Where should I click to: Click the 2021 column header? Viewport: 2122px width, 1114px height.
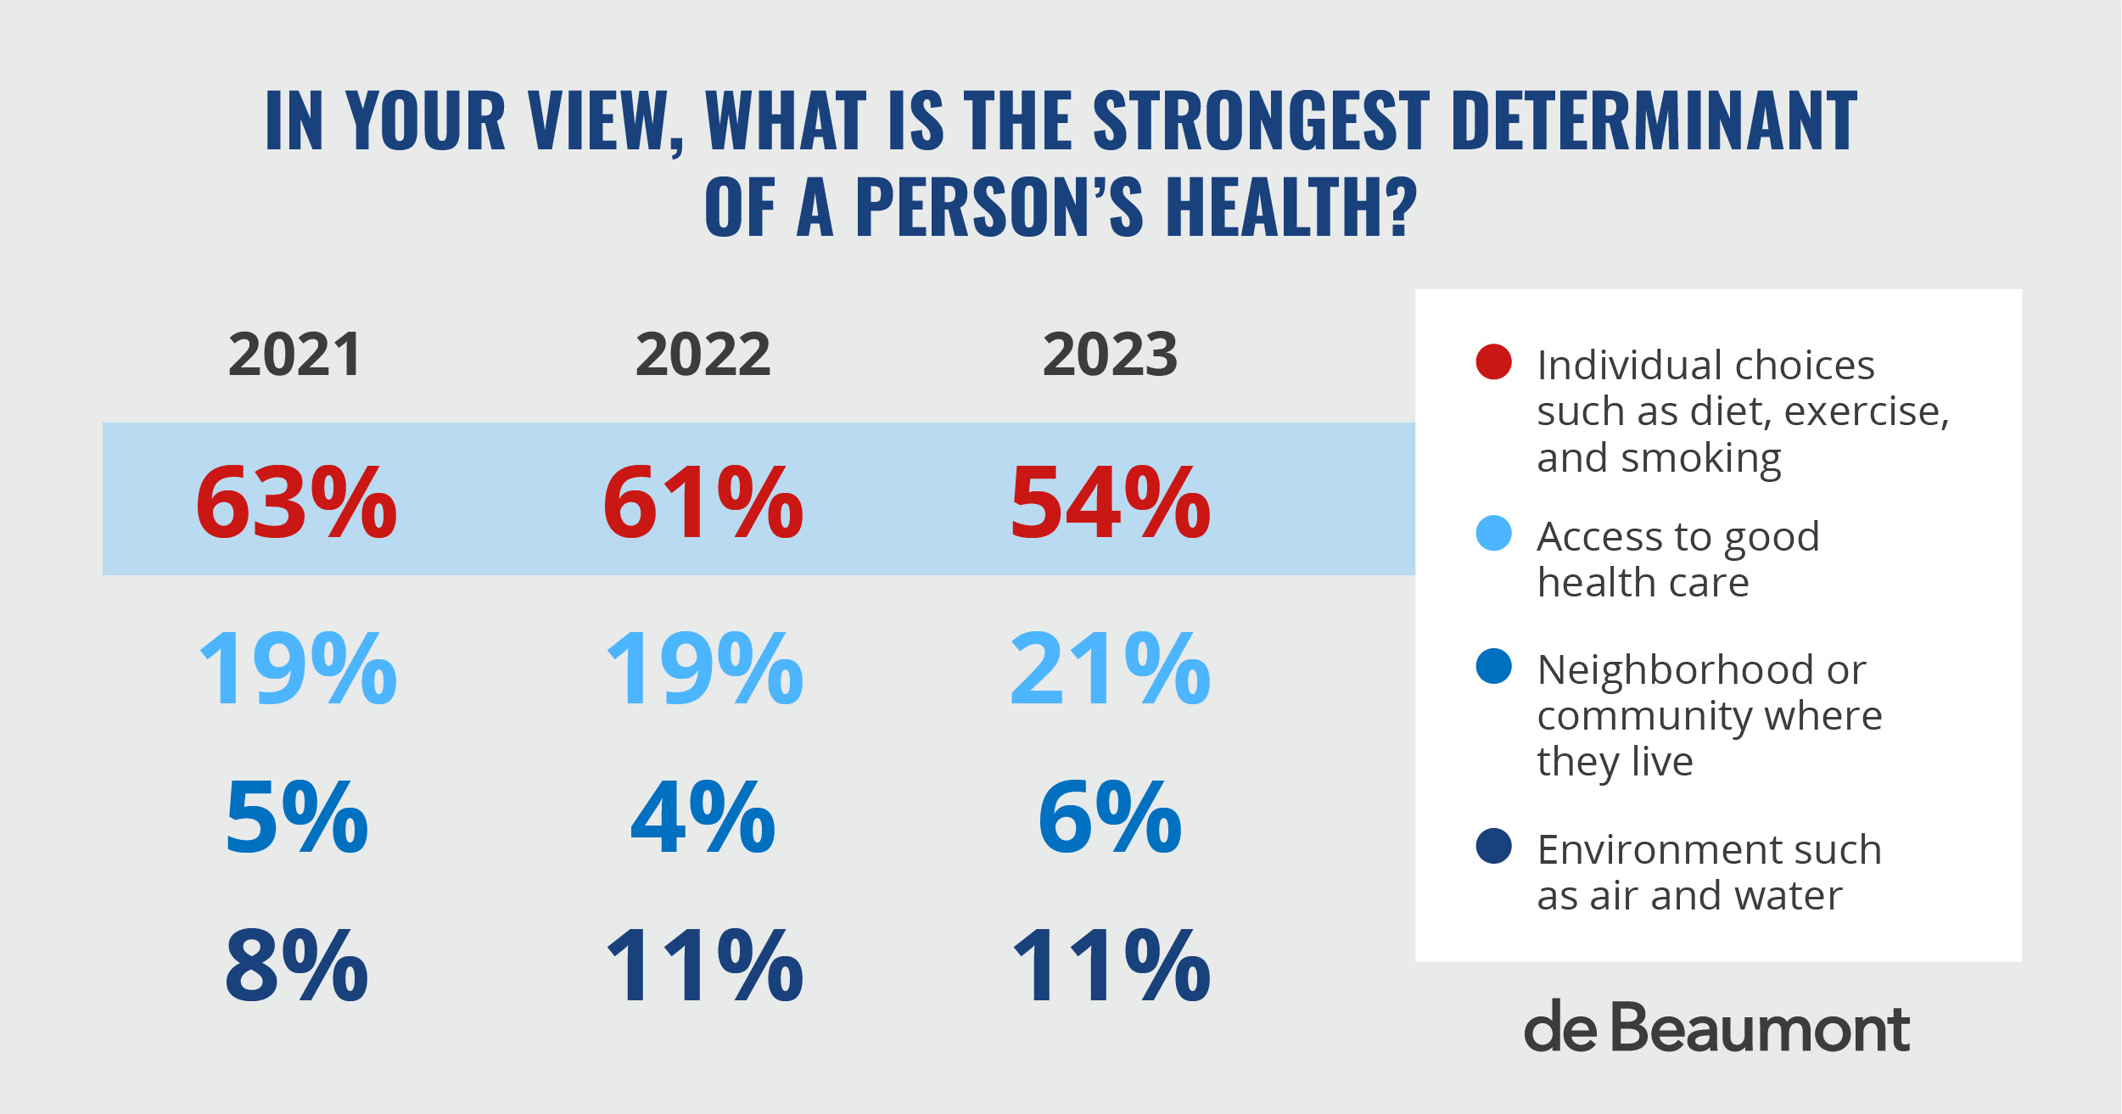click(295, 355)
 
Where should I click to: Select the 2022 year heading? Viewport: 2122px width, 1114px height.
click(703, 355)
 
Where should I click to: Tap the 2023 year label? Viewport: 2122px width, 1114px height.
click(1110, 355)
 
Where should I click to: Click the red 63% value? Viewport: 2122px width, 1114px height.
click(296, 502)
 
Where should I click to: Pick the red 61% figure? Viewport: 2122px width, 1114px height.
click(703, 502)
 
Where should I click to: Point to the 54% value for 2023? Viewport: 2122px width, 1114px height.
click(1111, 502)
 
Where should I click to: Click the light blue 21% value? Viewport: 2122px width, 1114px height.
click(1111, 669)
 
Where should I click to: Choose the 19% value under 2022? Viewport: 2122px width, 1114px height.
click(704, 669)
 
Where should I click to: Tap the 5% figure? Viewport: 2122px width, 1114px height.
click(296, 817)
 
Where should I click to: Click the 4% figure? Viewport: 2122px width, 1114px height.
click(703, 817)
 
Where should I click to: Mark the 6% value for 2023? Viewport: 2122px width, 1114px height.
click(1110, 817)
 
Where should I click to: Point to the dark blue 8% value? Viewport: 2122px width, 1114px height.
click(296, 966)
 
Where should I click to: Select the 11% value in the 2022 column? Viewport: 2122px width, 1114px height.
click(704, 966)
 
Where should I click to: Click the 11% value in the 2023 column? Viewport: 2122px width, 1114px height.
click(1111, 966)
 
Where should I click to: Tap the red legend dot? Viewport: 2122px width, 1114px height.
click(1493, 361)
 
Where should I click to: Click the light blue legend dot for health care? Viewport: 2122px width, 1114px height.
click(1493, 533)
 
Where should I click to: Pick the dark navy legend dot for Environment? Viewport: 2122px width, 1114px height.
click(1493, 846)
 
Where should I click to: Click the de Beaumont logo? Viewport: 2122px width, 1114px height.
click(1716, 1027)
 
